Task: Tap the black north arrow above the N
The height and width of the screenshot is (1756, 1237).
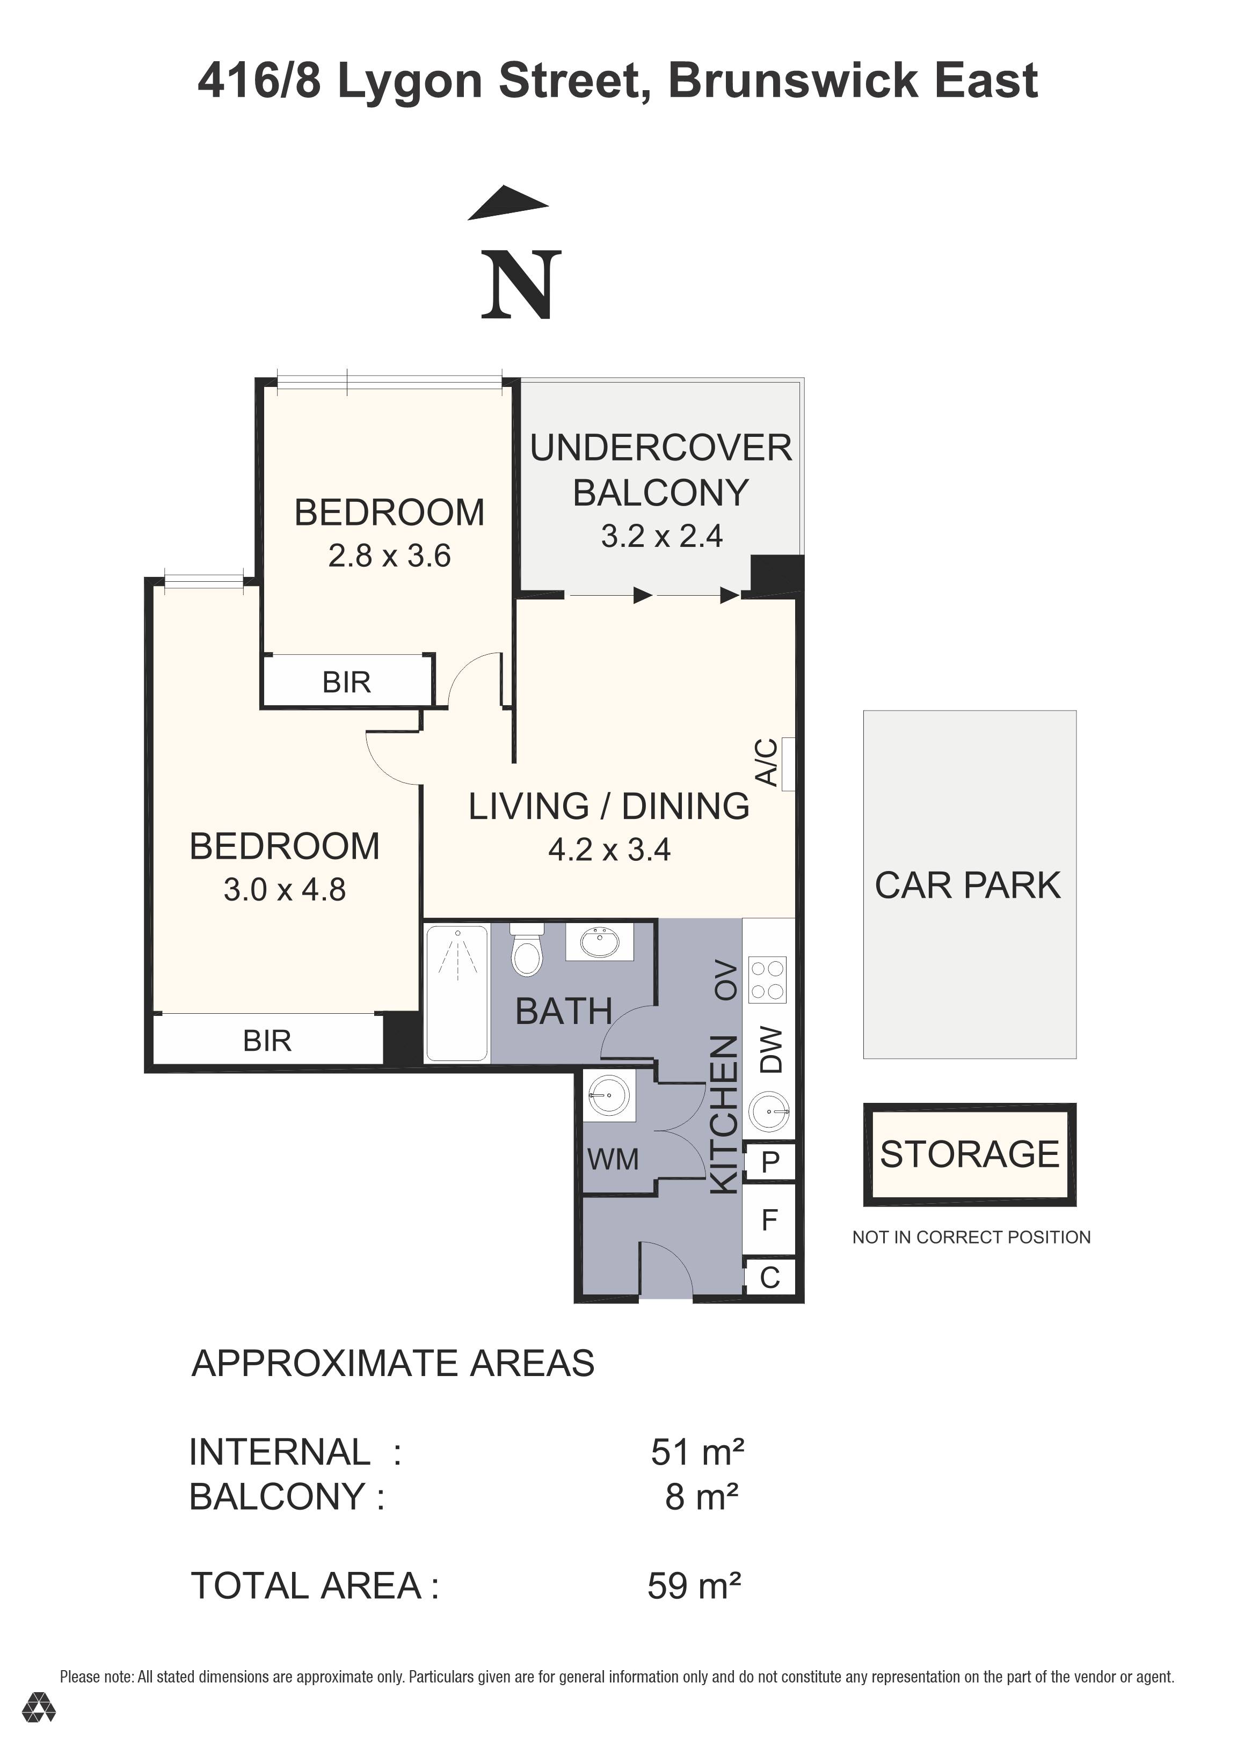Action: pyautogui.click(x=510, y=202)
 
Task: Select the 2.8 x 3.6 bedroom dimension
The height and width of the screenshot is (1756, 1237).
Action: pyautogui.click(x=389, y=556)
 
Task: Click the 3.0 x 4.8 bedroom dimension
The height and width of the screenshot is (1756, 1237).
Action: pyautogui.click(x=285, y=889)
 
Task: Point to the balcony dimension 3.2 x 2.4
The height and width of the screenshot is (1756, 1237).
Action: pyautogui.click(x=662, y=536)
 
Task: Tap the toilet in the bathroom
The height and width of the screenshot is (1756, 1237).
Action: pyautogui.click(x=526, y=950)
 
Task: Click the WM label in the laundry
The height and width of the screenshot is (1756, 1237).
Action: pyautogui.click(x=613, y=1159)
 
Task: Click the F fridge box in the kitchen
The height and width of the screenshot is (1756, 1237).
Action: pyautogui.click(x=769, y=1219)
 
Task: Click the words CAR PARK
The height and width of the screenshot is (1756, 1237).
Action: pyautogui.click(x=967, y=886)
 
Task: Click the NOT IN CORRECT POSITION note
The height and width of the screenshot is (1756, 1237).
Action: pyautogui.click(x=971, y=1238)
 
